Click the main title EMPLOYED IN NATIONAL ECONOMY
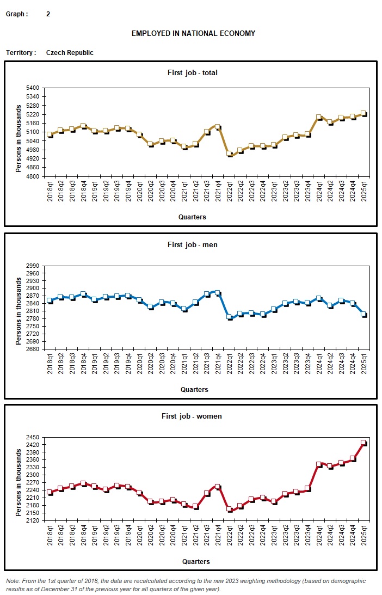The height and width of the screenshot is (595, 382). click(x=193, y=34)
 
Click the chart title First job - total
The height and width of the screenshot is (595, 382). click(x=192, y=72)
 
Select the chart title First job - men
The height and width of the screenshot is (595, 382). click(x=192, y=245)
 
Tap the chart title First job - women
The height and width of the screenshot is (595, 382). click(x=192, y=416)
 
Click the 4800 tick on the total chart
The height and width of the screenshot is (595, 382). click(x=32, y=176)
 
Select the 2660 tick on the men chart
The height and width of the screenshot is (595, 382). click(x=32, y=349)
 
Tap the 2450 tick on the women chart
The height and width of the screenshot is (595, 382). click(x=32, y=437)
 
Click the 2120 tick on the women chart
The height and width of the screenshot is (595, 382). click(x=32, y=520)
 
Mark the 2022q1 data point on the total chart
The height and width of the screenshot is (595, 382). click(x=229, y=154)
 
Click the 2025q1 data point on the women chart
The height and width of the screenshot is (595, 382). click(x=363, y=443)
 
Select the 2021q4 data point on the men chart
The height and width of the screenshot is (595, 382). click(x=218, y=293)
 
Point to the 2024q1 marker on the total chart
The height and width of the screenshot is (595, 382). click(x=319, y=117)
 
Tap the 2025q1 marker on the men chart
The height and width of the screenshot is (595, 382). click(x=363, y=314)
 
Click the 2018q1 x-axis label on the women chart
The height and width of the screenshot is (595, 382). click(x=50, y=537)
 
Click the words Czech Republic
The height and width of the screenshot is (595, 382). click(x=70, y=53)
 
